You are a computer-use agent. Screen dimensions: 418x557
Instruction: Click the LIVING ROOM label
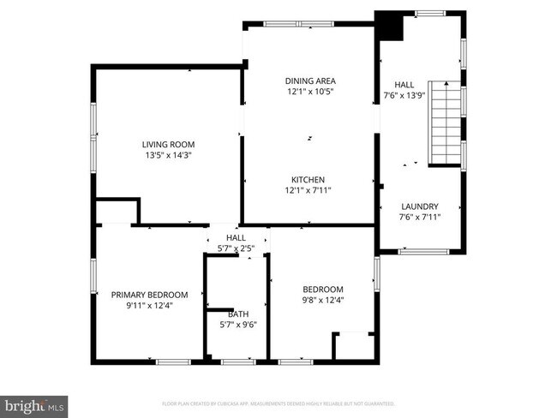click(x=168, y=144)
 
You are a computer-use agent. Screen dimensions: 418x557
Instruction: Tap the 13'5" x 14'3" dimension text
click(x=168, y=156)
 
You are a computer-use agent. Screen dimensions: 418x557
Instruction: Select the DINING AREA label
click(x=309, y=81)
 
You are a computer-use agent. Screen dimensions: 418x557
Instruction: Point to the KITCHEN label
click(x=308, y=179)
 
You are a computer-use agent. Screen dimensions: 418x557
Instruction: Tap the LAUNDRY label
click(x=420, y=206)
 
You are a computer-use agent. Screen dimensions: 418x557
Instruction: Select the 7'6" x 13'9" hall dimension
click(x=404, y=96)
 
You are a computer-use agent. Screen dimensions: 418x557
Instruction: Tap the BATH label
click(x=237, y=313)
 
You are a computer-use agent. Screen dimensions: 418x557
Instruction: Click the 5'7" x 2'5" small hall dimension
click(x=237, y=248)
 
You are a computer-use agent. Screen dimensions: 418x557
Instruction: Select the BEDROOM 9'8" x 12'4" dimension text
click(x=323, y=300)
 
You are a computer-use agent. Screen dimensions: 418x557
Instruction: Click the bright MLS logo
click(x=33, y=403)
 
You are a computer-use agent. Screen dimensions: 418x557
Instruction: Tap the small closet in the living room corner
click(x=117, y=211)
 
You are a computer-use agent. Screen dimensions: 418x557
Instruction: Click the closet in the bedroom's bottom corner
click(x=354, y=345)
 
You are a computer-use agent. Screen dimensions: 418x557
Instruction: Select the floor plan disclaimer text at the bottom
click(x=278, y=403)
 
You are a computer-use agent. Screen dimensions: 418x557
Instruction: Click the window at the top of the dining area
click(x=297, y=24)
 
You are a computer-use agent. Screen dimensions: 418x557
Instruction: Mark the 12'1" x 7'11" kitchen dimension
click(x=308, y=190)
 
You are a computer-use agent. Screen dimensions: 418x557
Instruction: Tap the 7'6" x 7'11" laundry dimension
click(x=420, y=218)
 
